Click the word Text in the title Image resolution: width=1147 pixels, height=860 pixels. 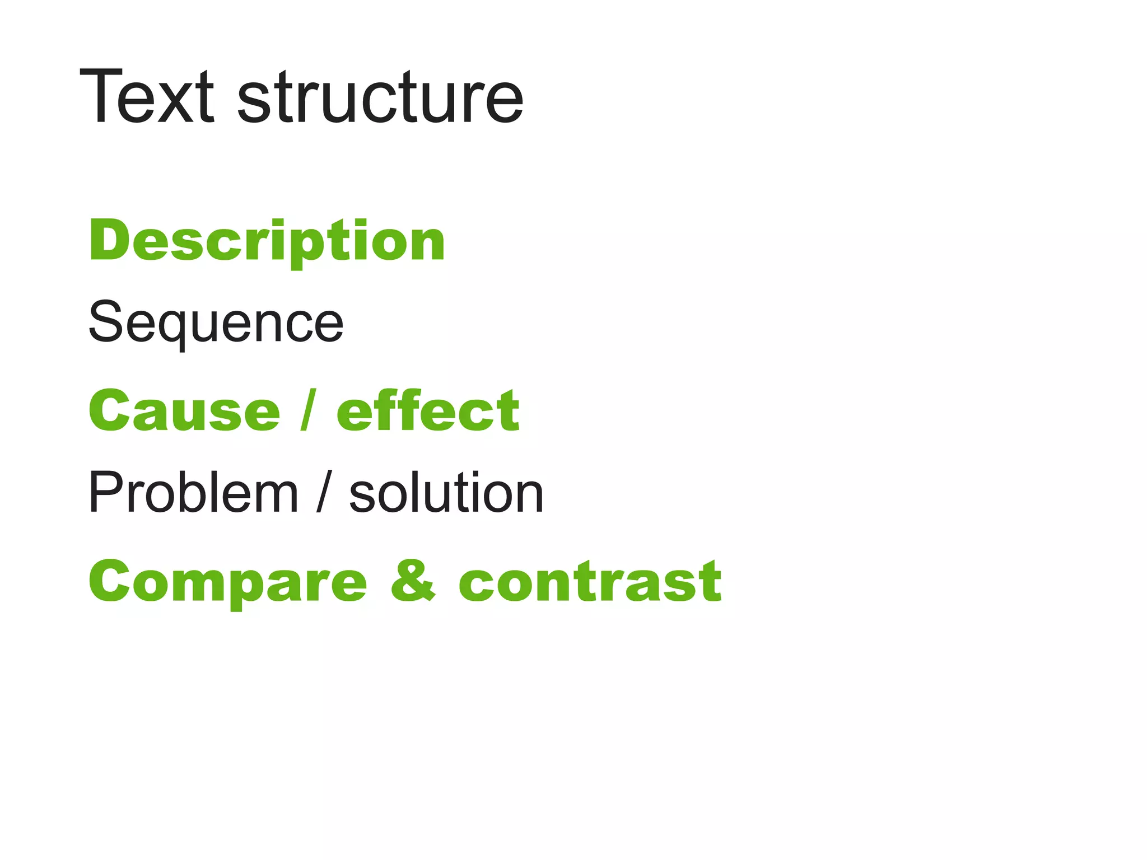[147, 96]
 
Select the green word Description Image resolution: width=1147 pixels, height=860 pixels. [267, 241]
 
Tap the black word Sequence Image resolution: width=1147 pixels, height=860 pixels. [216, 323]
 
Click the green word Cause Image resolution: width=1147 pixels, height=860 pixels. [184, 412]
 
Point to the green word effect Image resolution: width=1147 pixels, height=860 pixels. [428, 412]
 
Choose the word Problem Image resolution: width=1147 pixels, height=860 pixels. [193, 493]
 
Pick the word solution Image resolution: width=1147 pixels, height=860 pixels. [446, 493]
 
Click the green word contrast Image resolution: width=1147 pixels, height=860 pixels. [590, 582]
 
